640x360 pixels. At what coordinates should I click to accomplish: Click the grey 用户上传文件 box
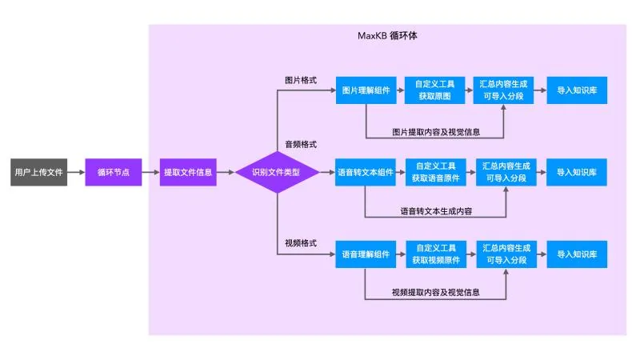tap(38, 172)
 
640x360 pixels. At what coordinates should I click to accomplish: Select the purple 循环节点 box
tap(114, 172)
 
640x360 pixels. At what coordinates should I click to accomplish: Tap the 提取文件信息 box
tap(188, 172)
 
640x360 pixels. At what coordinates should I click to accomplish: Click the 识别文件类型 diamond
tap(277, 172)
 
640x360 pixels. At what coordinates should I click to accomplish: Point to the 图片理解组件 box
tap(366, 90)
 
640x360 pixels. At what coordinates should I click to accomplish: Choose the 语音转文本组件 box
tap(366, 172)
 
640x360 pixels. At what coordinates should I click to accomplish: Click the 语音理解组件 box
tap(366, 254)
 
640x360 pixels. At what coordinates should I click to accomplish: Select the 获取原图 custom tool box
tap(434, 90)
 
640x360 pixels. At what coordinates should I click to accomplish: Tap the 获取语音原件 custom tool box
tap(435, 172)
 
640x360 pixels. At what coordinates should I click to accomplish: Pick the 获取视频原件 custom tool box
tap(436, 254)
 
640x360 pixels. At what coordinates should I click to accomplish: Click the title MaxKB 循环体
tap(387, 36)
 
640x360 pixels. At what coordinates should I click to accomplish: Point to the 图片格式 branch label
tap(301, 81)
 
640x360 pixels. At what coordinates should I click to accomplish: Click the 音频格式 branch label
tap(301, 145)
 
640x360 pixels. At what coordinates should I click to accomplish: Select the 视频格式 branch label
tap(301, 243)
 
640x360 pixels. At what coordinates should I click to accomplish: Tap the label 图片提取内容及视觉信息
tap(436, 132)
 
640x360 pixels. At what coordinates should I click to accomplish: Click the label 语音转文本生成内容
tap(436, 211)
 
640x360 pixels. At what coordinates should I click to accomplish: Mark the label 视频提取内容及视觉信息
tap(435, 292)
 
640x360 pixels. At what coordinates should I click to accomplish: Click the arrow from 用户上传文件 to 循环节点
tap(76, 172)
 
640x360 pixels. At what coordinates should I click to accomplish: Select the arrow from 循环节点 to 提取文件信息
tap(151, 172)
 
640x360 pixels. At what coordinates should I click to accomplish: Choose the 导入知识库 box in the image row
tap(577, 90)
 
